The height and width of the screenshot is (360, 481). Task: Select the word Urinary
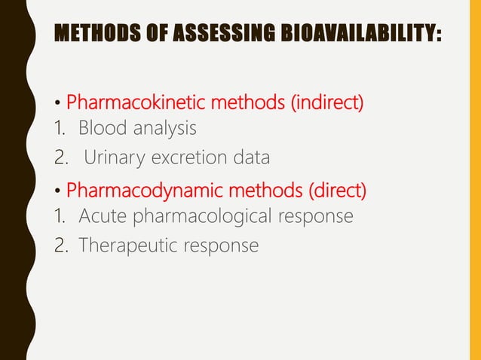113,158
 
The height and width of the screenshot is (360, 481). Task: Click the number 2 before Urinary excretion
62,158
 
